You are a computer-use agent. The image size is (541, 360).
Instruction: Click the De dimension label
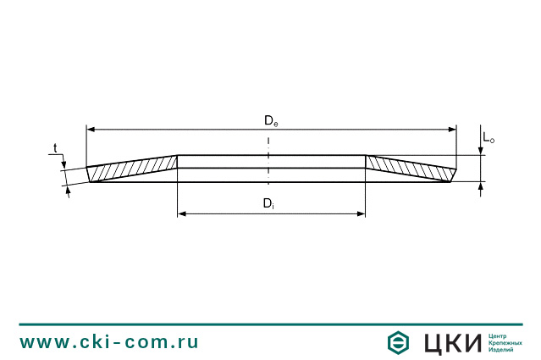271,121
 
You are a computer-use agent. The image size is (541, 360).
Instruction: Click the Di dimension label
268,203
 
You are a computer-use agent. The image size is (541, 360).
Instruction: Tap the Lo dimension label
489,138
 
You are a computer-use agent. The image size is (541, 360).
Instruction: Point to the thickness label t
55,148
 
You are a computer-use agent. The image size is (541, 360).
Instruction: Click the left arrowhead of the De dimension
91,130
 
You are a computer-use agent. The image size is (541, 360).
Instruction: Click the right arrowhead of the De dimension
452,130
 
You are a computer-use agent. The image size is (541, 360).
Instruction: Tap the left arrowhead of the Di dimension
182,214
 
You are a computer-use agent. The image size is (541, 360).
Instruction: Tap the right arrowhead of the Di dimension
361,214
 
